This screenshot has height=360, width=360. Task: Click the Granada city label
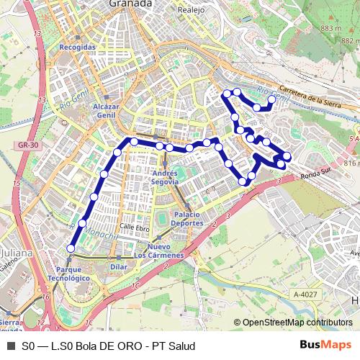pos(131,4)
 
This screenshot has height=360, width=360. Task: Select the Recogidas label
pos(78,47)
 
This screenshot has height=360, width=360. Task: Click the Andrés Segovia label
pos(166,177)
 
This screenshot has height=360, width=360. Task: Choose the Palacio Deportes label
pos(186,220)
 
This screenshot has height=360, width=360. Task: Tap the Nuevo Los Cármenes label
pos(160,251)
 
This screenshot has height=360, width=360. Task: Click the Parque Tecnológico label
pos(71,273)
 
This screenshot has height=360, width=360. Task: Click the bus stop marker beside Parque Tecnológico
pos(71,248)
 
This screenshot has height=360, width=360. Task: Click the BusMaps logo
pos(325,346)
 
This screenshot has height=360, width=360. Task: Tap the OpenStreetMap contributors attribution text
pos(297,323)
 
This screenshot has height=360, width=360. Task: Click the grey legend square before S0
pos(10,346)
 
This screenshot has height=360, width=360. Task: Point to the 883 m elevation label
pos(330,28)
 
